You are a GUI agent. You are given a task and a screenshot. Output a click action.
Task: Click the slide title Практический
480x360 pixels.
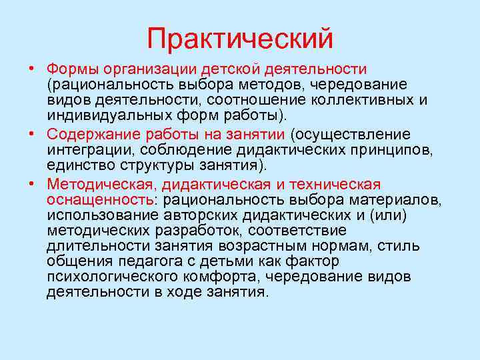(x=240, y=37)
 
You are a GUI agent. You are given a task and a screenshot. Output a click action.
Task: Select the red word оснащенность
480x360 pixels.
(x=99, y=199)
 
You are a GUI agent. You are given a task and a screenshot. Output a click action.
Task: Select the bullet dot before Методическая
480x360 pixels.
(x=32, y=184)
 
